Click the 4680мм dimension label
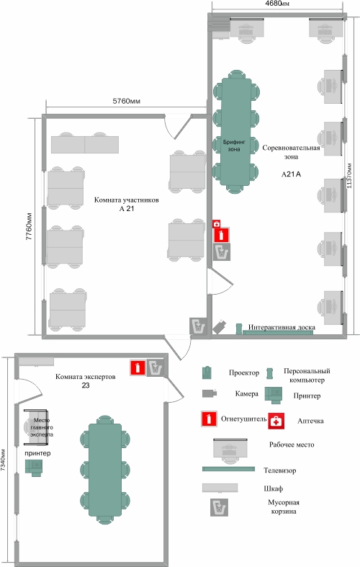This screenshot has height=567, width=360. point(277,4)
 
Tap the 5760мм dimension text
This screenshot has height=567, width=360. point(127,102)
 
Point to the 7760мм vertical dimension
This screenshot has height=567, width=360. point(30,226)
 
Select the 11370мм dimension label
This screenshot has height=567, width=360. point(349,176)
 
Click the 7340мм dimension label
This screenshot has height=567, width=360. point(3,460)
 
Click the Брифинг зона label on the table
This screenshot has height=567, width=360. point(234,146)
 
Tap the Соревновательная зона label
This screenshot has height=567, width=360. point(291,152)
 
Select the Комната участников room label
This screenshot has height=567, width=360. point(127,200)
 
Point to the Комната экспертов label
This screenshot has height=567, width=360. point(85,376)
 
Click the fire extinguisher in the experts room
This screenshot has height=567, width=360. point(138,367)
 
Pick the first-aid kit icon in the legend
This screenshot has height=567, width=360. point(276,421)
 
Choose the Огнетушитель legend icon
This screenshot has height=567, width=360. point(209,419)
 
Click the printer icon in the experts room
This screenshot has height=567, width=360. point(34,468)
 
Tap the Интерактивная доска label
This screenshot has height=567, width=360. point(282,327)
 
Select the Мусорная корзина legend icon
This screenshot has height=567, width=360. point(220,507)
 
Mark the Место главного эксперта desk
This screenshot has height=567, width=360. point(36,427)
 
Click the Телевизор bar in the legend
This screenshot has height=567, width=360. point(228,469)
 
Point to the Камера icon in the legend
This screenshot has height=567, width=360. point(210,393)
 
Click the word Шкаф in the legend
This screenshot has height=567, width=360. point(274,488)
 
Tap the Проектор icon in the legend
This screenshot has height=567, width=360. point(207,372)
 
